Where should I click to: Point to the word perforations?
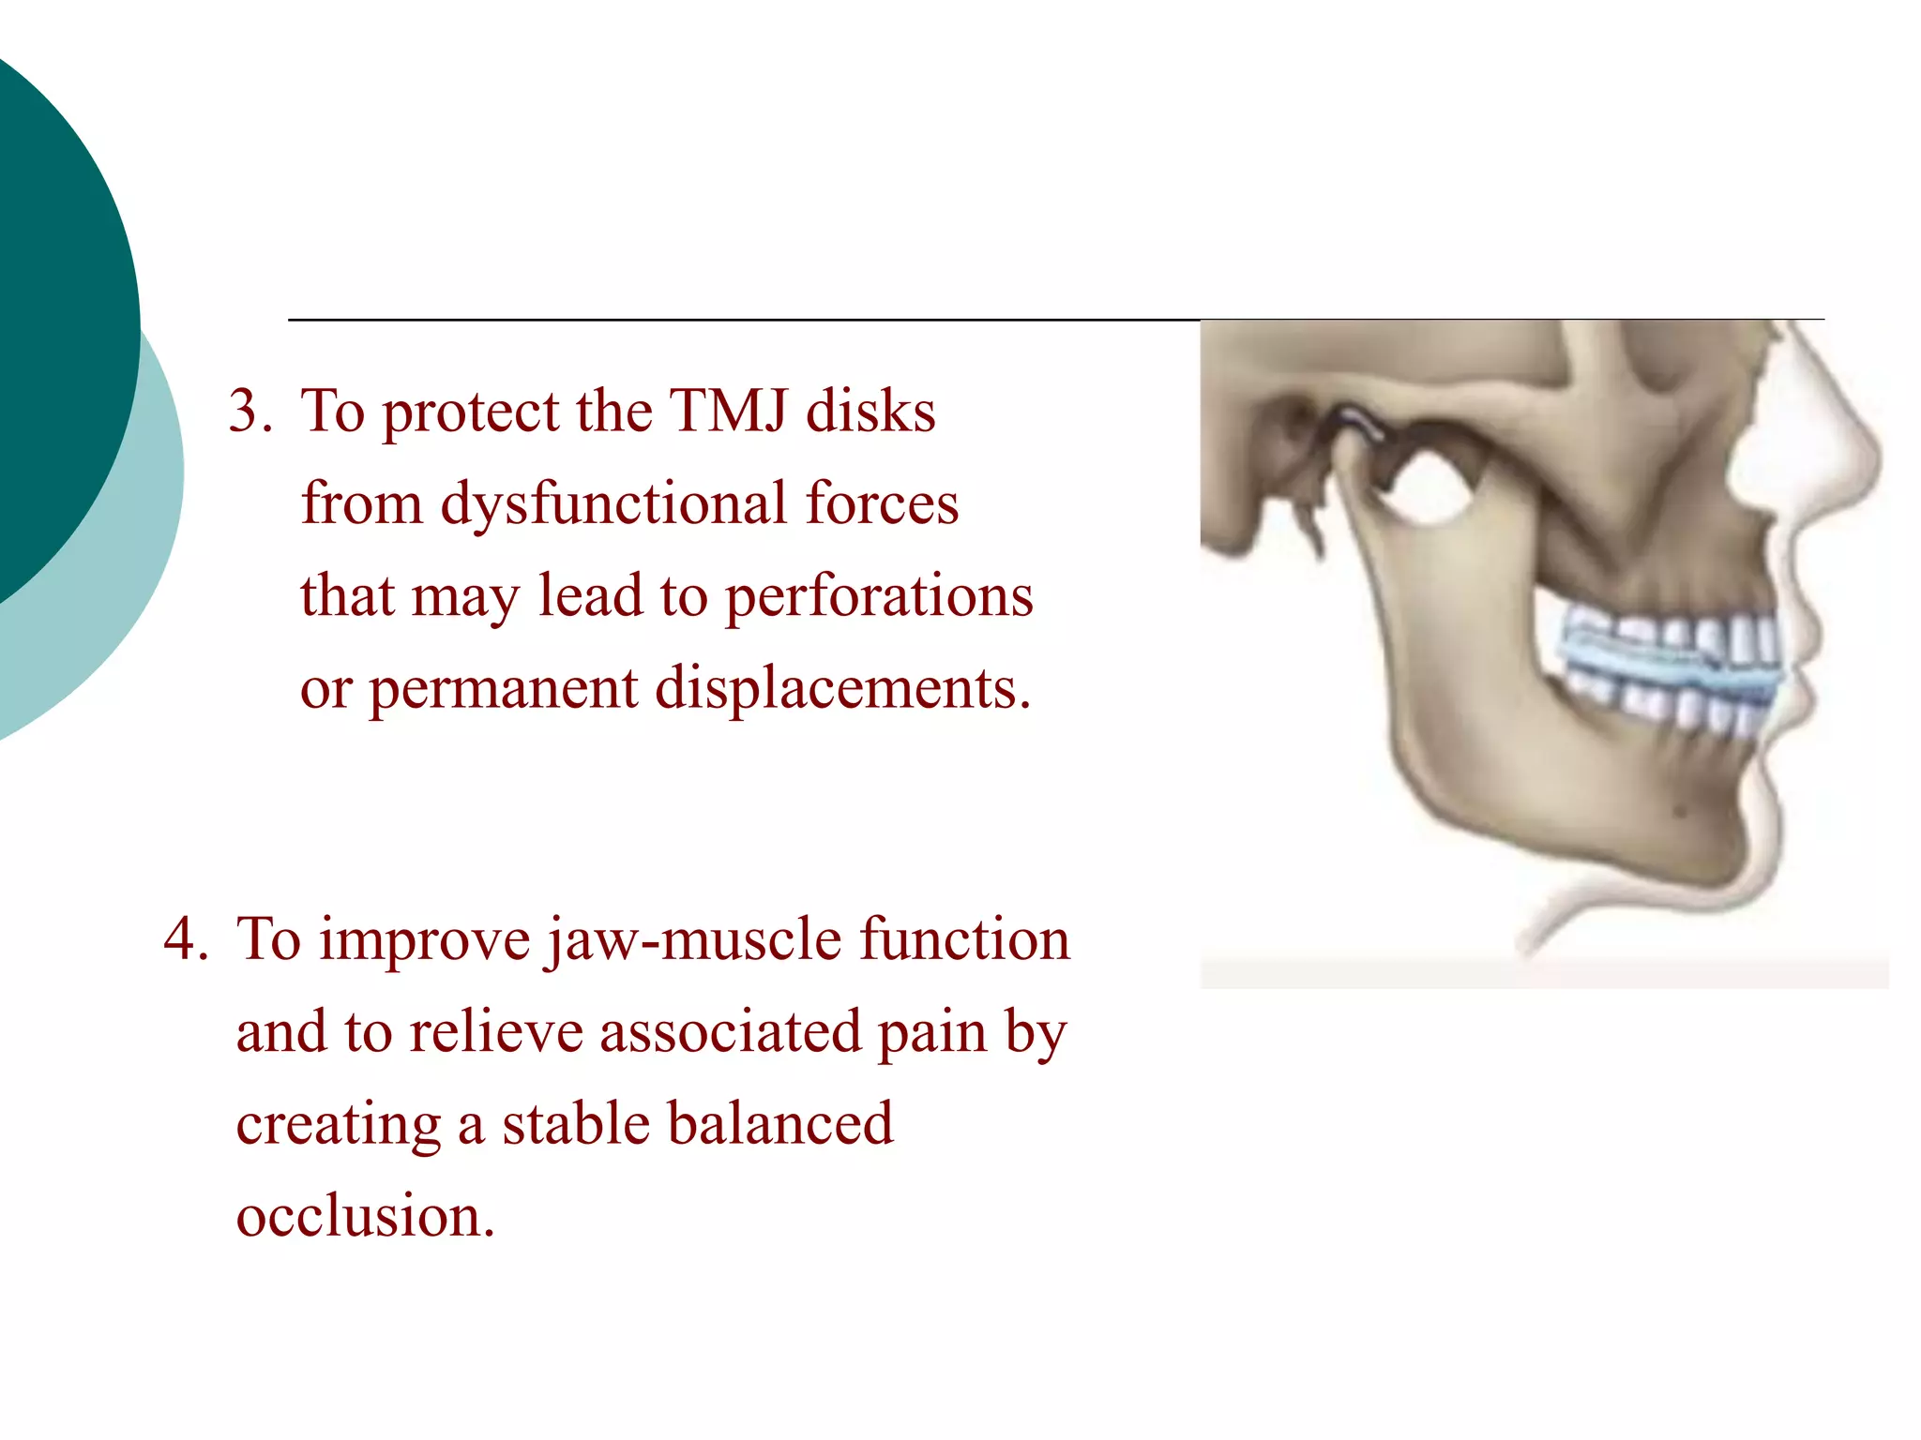879,596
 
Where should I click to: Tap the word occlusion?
364,1216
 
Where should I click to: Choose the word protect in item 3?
470,412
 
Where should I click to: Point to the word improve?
424,940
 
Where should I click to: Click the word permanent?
503,690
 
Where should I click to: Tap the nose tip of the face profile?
1876,459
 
